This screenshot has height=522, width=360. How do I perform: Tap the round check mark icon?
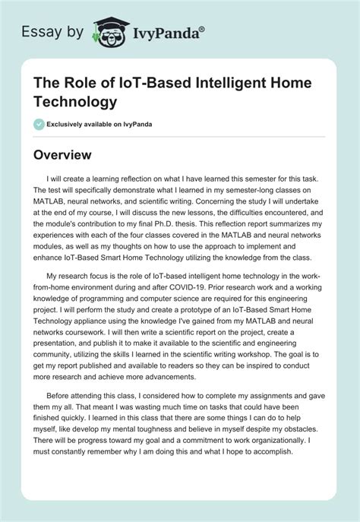[x=39, y=125]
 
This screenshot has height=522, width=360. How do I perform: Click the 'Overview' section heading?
[x=62, y=155]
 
